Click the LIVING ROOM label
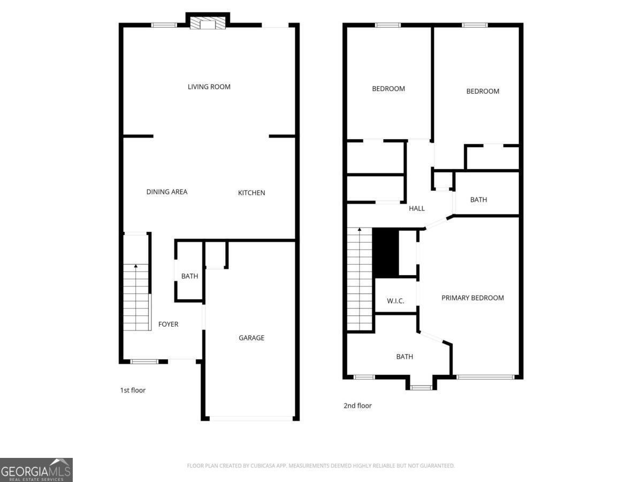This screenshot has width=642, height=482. pos(209,87)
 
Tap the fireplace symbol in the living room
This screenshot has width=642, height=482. pos(208,23)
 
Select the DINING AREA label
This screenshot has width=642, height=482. pos(167,192)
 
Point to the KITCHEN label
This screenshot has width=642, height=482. pos(251,193)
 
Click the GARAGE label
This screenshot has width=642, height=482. pos(251,338)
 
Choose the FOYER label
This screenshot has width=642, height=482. pos(168,325)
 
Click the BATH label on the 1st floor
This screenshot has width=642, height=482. pos(189,276)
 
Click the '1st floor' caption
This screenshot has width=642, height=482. pos(133,390)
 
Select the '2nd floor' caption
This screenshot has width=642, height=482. pos(357,406)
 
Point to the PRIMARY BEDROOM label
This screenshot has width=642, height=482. pos(472,298)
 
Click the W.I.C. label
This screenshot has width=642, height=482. pos(395,301)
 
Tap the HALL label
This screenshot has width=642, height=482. pos(417,208)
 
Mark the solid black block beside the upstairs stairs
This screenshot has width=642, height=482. pos(385,252)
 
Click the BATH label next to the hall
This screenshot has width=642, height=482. pos(478,200)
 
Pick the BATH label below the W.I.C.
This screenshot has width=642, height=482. pos(404,357)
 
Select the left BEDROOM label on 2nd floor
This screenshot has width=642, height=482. pos(388,89)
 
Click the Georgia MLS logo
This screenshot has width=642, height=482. pos(36,470)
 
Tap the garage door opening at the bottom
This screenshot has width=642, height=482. pos(251,418)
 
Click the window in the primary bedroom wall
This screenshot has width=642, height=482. pos(485,377)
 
